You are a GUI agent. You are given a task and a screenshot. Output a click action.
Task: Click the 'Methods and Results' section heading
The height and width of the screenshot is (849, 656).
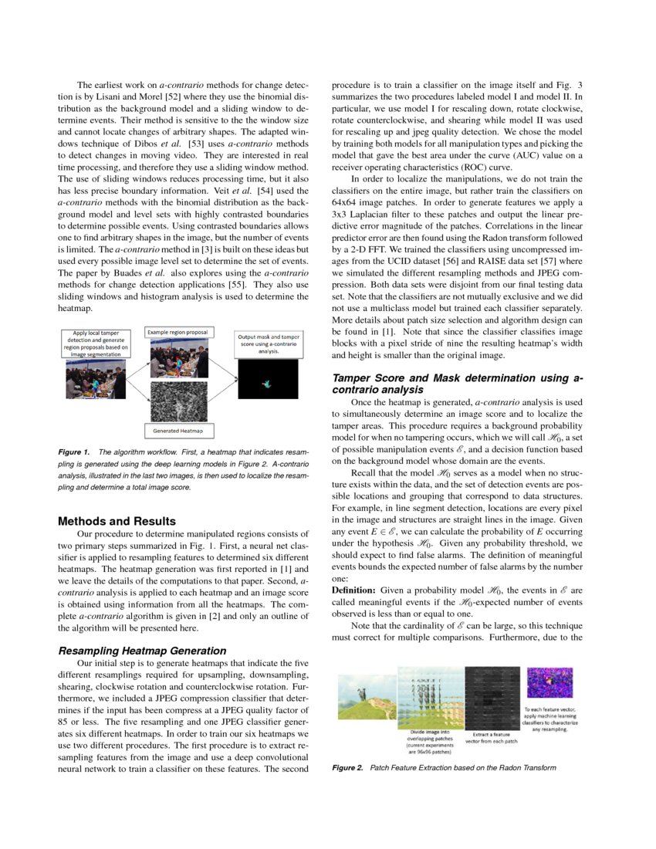click(117, 521)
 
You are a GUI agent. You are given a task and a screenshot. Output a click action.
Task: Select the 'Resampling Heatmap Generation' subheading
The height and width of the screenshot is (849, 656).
click(142, 651)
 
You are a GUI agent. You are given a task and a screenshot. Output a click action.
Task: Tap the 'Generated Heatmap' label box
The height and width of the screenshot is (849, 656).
click(178, 431)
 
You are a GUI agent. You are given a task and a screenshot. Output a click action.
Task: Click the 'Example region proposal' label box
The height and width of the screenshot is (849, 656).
click(179, 332)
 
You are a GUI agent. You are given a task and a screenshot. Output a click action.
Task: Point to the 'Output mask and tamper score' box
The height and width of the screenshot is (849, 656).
click(269, 343)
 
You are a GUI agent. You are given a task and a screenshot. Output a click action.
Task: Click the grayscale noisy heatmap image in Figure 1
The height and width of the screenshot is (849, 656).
click(178, 400)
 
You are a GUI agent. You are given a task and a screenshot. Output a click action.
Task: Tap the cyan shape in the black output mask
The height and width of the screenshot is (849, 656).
click(268, 383)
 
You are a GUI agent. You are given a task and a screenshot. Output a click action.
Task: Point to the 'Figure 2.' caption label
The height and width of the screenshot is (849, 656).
click(347, 768)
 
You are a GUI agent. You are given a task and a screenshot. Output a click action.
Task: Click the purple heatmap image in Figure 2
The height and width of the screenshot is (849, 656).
click(549, 684)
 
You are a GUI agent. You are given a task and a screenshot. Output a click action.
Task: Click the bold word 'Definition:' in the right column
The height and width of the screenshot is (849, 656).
click(354, 590)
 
